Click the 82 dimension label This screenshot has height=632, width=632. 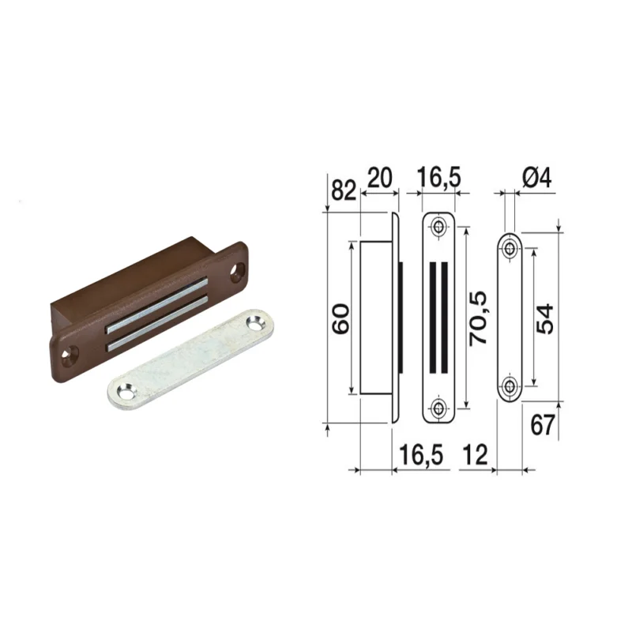point(344,190)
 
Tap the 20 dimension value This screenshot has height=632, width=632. point(379,178)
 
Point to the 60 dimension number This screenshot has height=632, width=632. point(340,319)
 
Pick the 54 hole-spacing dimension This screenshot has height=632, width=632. point(544,319)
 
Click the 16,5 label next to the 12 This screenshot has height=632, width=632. point(421,455)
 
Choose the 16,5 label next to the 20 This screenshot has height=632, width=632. point(438,178)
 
